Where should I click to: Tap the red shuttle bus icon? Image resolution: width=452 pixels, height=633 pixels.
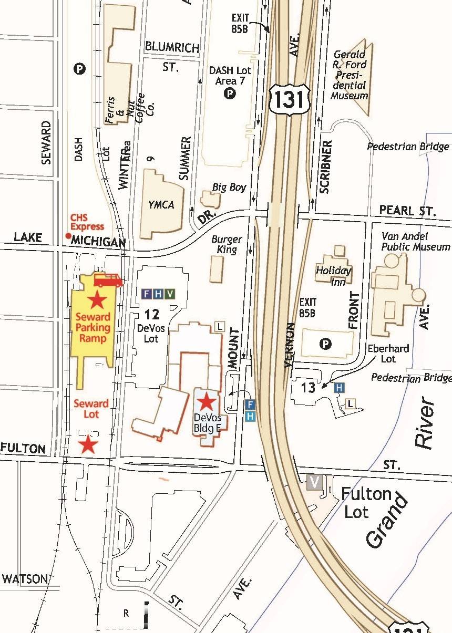tap(108, 281)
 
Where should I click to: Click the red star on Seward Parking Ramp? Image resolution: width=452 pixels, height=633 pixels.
tap(96, 301)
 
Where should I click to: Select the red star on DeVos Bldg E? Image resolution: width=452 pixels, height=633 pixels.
tap(207, 403)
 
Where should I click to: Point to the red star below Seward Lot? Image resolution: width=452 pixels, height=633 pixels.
tap(88, 445)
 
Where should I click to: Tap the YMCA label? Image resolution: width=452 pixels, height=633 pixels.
tap(160, 204)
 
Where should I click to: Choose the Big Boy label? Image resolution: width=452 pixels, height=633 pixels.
tap(229, 187)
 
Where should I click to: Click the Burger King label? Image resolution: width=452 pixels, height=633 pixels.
tap(227, 244)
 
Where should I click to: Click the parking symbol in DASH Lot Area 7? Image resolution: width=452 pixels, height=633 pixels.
tap(230, 94)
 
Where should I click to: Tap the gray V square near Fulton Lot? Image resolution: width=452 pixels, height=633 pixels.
tap(314, 482)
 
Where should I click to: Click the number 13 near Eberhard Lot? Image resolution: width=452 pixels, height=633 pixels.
tap(308, 388)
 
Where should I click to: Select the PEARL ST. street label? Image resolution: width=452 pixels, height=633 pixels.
tap(407, 212)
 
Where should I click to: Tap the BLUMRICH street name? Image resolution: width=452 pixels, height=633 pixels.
tap(172, 48)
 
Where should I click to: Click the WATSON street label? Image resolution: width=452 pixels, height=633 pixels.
tap(24, 579)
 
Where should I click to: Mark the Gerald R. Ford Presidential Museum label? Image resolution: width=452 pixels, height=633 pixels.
tap(350, 75)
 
